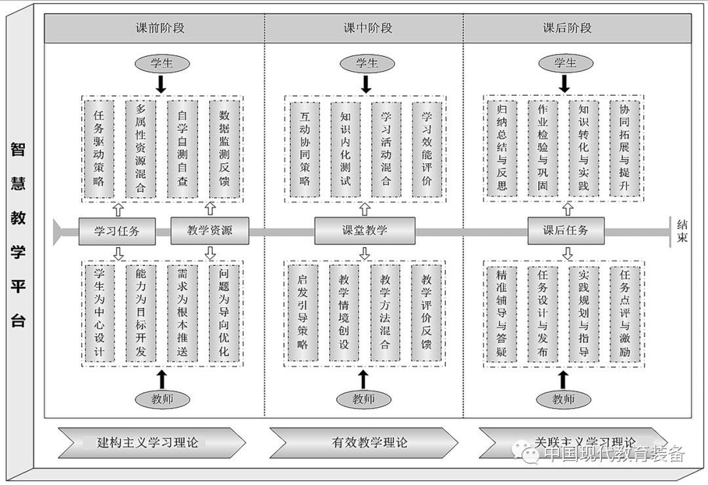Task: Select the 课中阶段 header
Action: tap(364, 28)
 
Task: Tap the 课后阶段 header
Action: tap(567, 28)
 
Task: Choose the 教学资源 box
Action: tap(210, 231)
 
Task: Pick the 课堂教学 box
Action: tap(364, 231)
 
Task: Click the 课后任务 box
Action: tap(565, 231)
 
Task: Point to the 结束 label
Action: tap(683, 231)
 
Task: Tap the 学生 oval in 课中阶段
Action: tap(367, 64)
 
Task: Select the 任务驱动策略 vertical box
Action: tap(99, 148)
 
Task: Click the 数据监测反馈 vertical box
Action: tap(224, 148)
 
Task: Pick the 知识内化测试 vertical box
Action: tap(345, 148)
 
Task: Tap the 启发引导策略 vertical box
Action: tap(303, 312)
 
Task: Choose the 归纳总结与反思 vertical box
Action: tap(502, 148)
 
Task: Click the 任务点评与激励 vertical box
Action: tap(625, 312)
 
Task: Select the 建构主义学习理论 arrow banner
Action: tap(151, 442)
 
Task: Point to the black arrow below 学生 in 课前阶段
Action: tap(161, 84)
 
